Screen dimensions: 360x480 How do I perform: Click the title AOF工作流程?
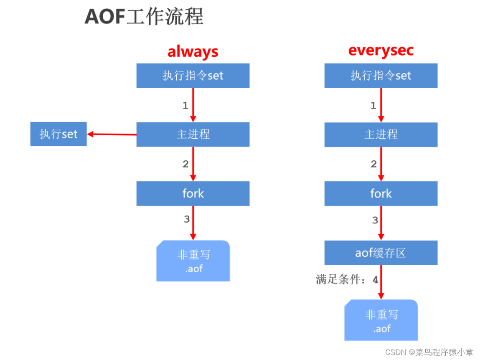click(x=144, y=17)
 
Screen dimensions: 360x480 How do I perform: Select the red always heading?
click(x=193, y=52)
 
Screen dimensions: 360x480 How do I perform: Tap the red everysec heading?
click(x=381, y=51)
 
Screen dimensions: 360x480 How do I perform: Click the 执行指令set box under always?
click(x=193, y=76)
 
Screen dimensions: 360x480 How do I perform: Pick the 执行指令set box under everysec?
click(x=381, y=76)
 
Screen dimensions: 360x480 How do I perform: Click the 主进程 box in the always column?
click(x=193, y=134)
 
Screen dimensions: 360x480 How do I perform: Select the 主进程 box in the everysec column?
click(x=381, y=134)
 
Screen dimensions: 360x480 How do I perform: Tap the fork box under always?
click(x=193, y=193)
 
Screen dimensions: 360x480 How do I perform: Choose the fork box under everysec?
click(x=381, y=193)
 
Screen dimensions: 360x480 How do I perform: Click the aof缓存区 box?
click(x=381, y=253)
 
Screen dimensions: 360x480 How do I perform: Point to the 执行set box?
click(x=58, y=134)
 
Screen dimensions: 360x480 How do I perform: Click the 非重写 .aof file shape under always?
click(x=193, y=261)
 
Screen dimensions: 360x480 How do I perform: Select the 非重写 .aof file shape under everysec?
click(x=381, y=320)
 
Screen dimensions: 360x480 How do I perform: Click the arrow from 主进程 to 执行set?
click(x=112, y=134)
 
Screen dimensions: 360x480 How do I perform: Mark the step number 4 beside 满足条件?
click(x=375, y=280)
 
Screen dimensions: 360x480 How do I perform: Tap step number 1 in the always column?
click(x=185, y=106)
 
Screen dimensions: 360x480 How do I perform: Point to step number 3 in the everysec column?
click(x=375, y=220)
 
